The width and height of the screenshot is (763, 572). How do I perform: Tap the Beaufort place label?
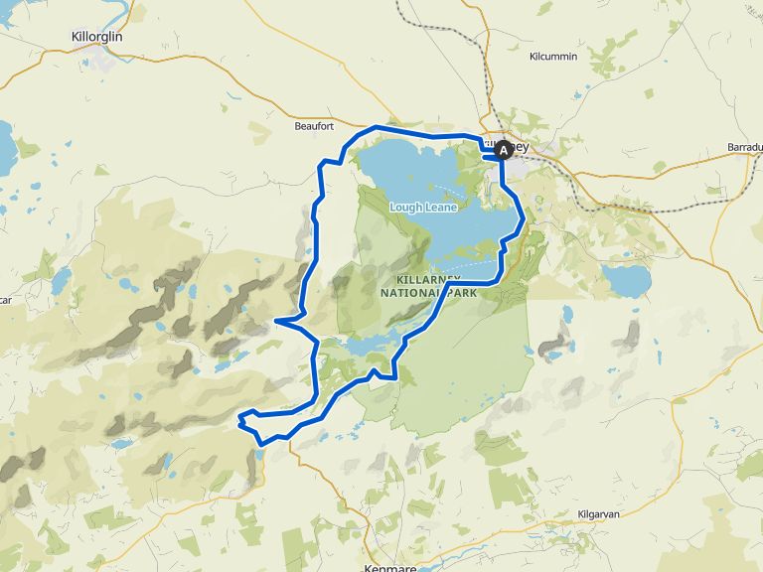pyautogui.click(x=314, y=126)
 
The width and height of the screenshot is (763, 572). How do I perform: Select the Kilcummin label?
pyautogui.click(x=553, y=57)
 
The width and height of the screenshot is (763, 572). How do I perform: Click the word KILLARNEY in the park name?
pyautogui.click(x=433, y=279)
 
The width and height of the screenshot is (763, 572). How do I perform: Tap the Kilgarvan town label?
pyautogui.click(x=599, y=514)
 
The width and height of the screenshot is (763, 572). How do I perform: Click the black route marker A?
pyautogui.click(x=504, y=150)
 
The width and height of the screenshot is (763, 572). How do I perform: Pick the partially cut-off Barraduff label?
pyautogui.click(x=744, y=146)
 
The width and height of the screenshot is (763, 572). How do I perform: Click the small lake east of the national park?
pyautogui.click(x=625, y=281)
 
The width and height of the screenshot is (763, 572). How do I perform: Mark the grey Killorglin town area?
pyautogui.click(x=97, y=51)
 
